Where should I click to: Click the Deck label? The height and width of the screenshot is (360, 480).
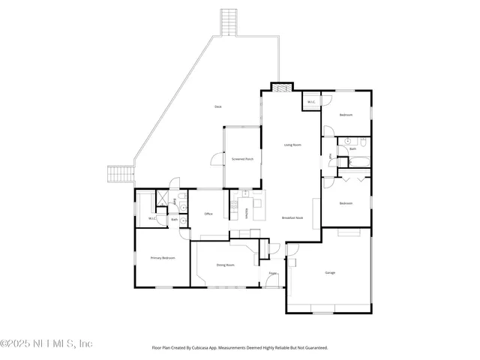[x=218, y=107]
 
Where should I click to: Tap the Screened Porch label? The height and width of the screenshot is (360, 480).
[x=241, y=159]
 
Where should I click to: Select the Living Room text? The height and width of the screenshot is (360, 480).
[x=292, y=145]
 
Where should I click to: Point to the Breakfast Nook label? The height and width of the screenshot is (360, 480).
[x=292, y=217]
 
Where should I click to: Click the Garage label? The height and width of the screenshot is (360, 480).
[x=330, y=272]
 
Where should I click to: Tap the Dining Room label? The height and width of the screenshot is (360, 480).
[x=225, y=265]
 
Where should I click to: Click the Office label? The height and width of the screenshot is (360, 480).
[x=208, y=214]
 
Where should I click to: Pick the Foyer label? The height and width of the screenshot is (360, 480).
[x=273, y=274]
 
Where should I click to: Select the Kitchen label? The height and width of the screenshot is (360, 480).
[x=247, y=214]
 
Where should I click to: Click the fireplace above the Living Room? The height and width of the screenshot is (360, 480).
[x=280, y=87]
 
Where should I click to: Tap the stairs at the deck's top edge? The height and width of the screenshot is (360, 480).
[x=229, y=22]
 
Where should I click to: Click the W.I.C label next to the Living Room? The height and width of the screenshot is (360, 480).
[x=310, y=102]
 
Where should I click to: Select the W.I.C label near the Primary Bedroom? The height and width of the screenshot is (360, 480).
[x=151, y=218]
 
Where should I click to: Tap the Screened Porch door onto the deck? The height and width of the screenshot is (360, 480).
[x=217, y=158]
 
